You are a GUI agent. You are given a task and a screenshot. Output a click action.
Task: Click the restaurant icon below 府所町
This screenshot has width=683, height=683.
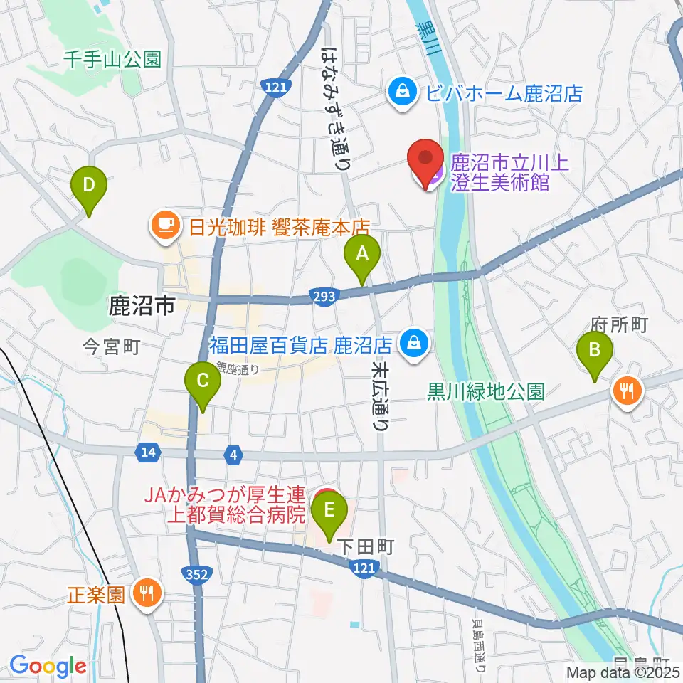point(627,390)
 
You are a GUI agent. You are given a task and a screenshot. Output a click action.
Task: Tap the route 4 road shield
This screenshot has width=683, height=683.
point(232,452)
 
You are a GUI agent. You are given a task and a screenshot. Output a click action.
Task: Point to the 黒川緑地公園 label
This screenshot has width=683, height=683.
point(487,391)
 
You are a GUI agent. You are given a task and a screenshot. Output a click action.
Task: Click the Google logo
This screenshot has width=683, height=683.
point(48,666)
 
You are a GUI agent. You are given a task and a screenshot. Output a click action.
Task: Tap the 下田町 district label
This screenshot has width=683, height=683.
point(365,546)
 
